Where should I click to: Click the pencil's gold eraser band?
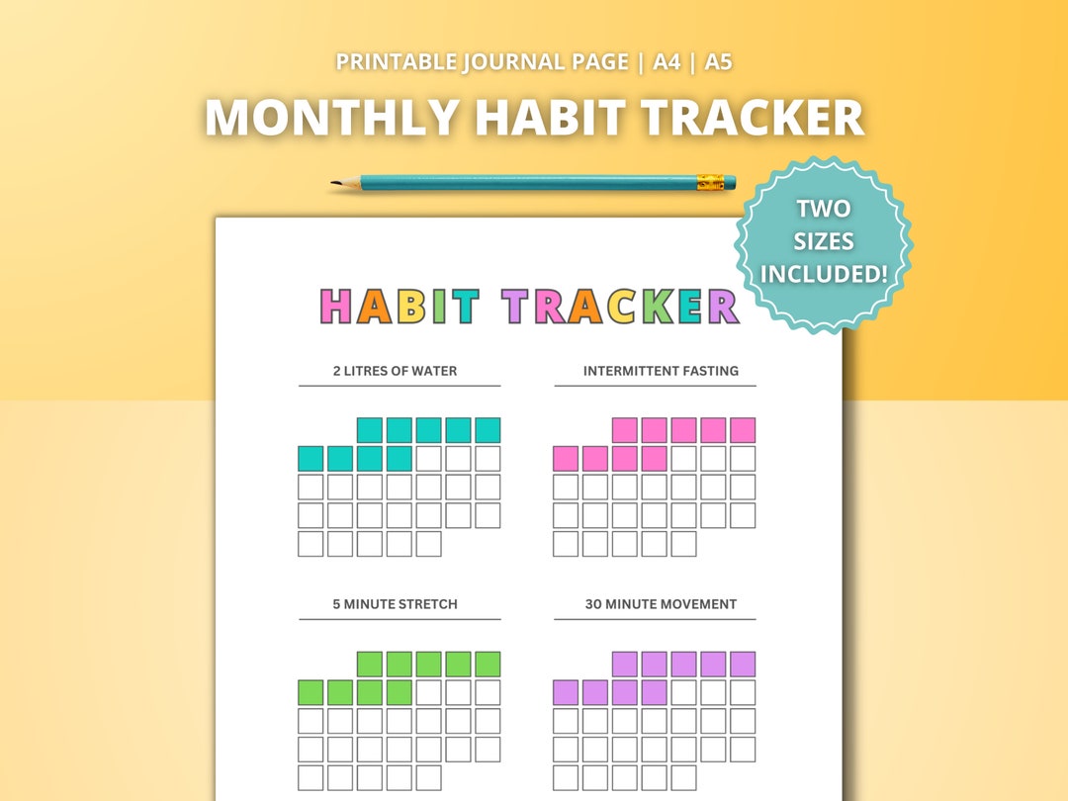710,182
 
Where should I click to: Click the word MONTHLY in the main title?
331,119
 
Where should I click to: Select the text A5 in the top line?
719,61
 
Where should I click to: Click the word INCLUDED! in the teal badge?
824,273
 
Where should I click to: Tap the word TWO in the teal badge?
824,209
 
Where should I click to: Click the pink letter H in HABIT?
337,307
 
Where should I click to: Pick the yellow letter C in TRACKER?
621,307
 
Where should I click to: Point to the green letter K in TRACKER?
657,307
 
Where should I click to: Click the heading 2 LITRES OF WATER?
395,371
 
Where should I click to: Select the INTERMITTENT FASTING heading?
661,371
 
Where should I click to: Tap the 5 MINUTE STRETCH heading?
395,603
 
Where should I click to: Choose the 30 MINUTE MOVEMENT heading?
661,603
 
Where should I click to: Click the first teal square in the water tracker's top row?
370,430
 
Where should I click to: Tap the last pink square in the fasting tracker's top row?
742,430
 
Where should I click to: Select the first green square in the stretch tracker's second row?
311,692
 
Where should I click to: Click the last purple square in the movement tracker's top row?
742,664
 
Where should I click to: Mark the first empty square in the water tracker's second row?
428,459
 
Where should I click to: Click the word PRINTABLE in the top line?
396,61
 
